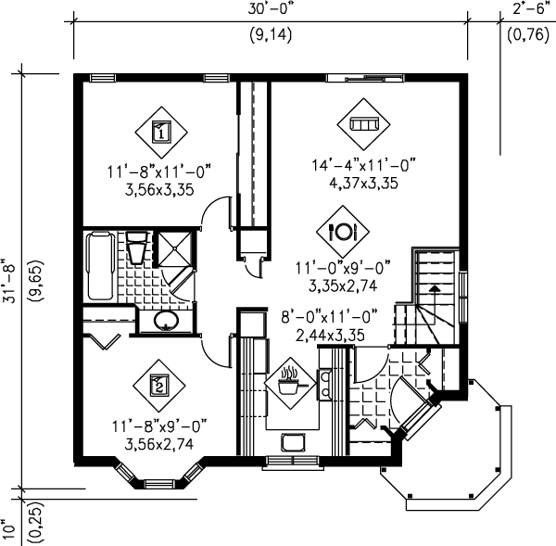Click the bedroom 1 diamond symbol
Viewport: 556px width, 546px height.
pos(159,132)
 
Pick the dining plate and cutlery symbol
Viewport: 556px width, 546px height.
pos(342,229)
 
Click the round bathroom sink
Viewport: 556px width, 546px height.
pos(166,322)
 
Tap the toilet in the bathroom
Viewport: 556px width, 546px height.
pos(136,250)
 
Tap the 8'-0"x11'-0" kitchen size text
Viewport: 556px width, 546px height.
pos(330,316)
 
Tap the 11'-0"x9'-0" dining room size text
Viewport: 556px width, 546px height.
pos(340,266)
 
